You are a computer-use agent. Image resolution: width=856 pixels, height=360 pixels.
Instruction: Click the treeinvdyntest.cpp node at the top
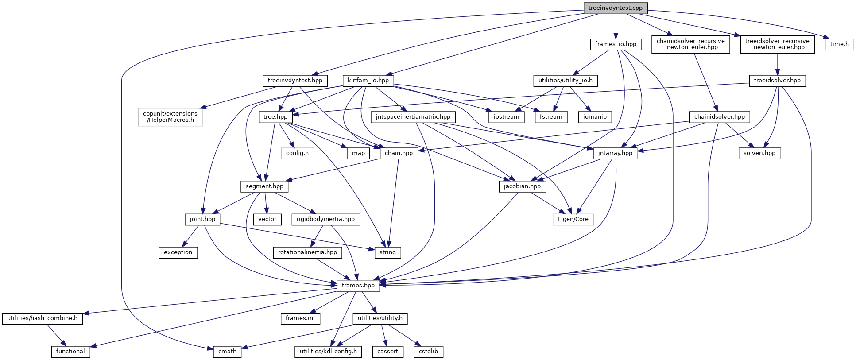tap(615, 8)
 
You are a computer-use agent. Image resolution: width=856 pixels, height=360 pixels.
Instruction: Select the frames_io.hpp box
tap(615, 44)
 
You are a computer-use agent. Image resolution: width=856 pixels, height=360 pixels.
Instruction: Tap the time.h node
tap(839, 44)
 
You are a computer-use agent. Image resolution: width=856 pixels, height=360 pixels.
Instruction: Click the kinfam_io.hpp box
tap(368, 81)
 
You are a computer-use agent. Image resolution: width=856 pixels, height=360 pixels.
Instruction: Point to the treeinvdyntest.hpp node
tap(295, 81)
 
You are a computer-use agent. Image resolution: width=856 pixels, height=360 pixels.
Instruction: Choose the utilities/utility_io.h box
tap(566, 81)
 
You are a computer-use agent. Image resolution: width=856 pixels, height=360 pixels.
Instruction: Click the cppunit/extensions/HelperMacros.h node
tap(170, 117)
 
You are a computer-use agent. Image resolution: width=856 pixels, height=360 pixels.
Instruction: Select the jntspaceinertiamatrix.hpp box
tap(413, 117)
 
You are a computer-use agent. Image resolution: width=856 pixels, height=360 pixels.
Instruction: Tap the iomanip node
tap(595, 117)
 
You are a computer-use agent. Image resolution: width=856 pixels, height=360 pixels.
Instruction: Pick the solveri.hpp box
tap(759, 153)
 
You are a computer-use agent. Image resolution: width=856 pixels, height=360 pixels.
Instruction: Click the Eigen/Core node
tap(573, 219)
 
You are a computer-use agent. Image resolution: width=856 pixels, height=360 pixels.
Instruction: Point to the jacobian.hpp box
tap(522, 186)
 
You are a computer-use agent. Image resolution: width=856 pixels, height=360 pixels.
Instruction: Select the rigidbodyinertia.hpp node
tap(325, 219)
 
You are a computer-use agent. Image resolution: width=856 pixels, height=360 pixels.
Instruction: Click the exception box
tap(178, 252)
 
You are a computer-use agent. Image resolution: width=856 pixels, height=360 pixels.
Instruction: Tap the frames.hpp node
tap(358, 286)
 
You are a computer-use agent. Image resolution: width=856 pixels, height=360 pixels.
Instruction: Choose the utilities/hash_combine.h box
tap(42, 318)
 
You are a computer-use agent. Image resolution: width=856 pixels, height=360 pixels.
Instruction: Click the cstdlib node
tap(428, 352)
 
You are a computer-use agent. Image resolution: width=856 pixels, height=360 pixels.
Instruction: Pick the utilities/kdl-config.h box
tap(328, 352)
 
